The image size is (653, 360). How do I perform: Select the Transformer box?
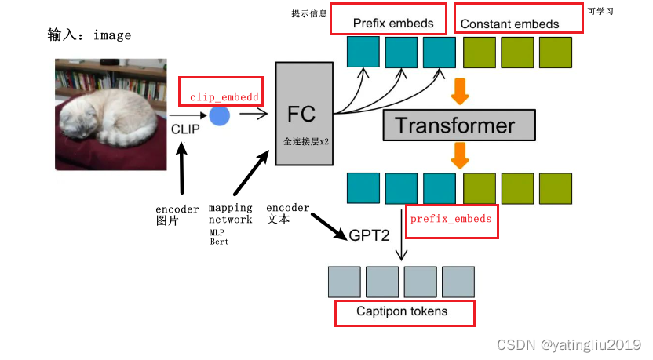458,125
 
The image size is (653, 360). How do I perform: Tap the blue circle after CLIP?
220,115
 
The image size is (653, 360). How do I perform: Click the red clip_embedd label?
224,97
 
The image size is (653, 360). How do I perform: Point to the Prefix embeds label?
393,23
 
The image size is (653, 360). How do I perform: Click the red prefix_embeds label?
451,218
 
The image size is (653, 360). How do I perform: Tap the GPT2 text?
370,235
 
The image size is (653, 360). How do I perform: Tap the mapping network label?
230,213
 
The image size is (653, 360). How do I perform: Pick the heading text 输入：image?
89,35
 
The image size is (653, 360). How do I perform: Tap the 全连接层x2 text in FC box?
306,144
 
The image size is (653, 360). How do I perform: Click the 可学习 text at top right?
600,13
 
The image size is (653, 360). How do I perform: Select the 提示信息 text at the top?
308,14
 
